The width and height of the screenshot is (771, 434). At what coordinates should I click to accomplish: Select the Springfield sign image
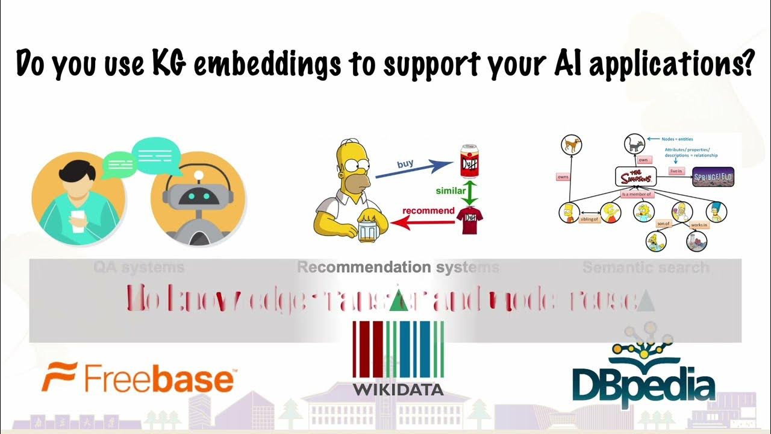(713, 177)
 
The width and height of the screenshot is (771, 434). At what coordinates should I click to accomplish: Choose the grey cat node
(635, 145)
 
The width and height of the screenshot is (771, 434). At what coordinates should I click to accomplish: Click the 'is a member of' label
(637, 195)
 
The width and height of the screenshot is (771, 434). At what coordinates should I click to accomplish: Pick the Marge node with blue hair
(716, 211)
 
